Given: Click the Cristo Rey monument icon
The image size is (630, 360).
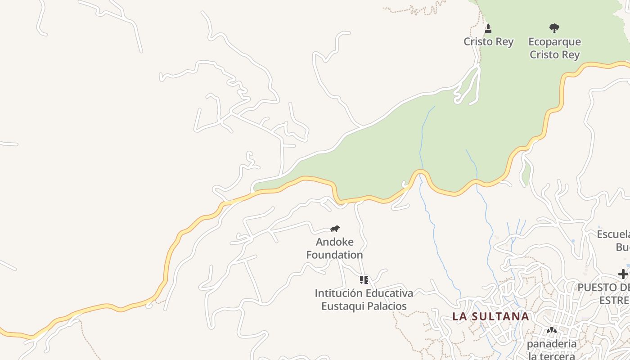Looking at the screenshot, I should tap(488, 29).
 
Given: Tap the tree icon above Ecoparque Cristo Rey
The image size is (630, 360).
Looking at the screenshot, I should tap(554, 28).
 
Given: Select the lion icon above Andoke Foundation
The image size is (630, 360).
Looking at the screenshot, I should tap(334, 229).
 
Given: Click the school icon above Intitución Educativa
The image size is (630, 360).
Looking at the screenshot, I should tap(364, 280).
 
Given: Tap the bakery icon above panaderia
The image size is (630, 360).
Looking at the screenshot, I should tap(551, 330).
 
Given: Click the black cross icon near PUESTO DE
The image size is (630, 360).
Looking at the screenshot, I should tap(623, 274).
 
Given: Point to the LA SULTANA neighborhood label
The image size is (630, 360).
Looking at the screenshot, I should tap(490, 316).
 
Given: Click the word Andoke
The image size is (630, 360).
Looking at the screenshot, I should tap(334, 242).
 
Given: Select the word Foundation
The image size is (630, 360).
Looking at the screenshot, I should tap(334, 255).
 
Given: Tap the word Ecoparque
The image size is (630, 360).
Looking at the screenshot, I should tap(554, 42).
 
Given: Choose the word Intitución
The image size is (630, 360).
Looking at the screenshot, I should tap(338, 293).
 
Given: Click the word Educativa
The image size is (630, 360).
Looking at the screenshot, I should tap(389, 293).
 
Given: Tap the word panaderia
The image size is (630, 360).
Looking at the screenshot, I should tap(551, 344).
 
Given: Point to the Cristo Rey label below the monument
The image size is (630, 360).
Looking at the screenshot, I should tap(488, 42).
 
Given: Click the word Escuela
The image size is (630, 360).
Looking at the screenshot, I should tap(613, 234).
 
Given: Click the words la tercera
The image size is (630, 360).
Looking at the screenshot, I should tap(551, 356).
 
